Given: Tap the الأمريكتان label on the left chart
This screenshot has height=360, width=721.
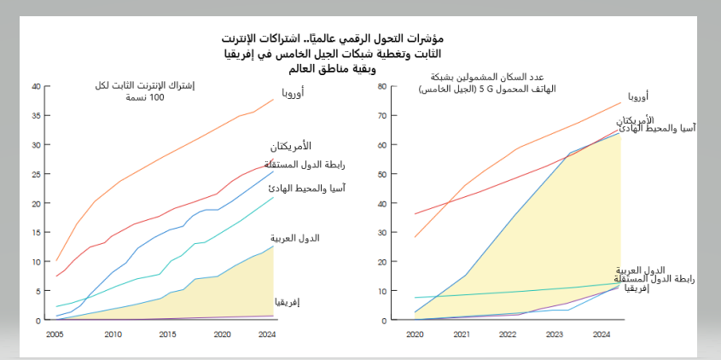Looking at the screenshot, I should point(292,146).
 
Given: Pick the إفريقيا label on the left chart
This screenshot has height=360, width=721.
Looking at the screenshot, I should point(288,302).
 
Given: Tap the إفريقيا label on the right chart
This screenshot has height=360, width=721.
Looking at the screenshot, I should point(637,289).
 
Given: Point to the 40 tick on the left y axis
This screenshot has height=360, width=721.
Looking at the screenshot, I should point(36,86).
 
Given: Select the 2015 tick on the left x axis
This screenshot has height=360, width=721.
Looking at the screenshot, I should point(167,334).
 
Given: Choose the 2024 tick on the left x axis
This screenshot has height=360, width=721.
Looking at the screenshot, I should point(267,334).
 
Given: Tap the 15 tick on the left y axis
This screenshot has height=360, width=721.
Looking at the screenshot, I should point(36,233).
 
